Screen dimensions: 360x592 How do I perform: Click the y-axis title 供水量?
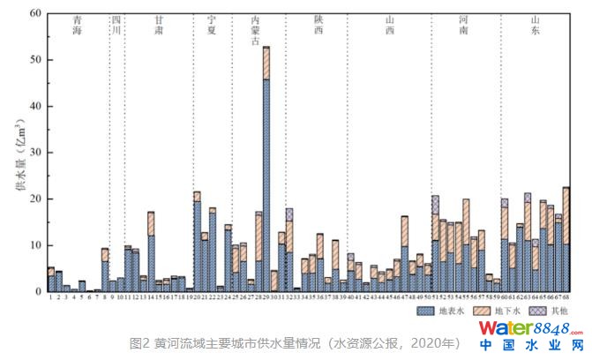(18, 168)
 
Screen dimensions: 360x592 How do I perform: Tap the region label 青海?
(79, 26)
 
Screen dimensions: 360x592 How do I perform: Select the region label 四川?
(116, 26)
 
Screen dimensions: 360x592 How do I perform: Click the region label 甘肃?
(158, 26)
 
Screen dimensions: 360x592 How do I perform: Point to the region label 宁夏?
(210, 26)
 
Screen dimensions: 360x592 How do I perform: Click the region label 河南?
(464, 26)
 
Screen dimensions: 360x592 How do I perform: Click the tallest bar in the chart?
(266, 168)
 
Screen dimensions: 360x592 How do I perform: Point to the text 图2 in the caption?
(139, 342)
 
